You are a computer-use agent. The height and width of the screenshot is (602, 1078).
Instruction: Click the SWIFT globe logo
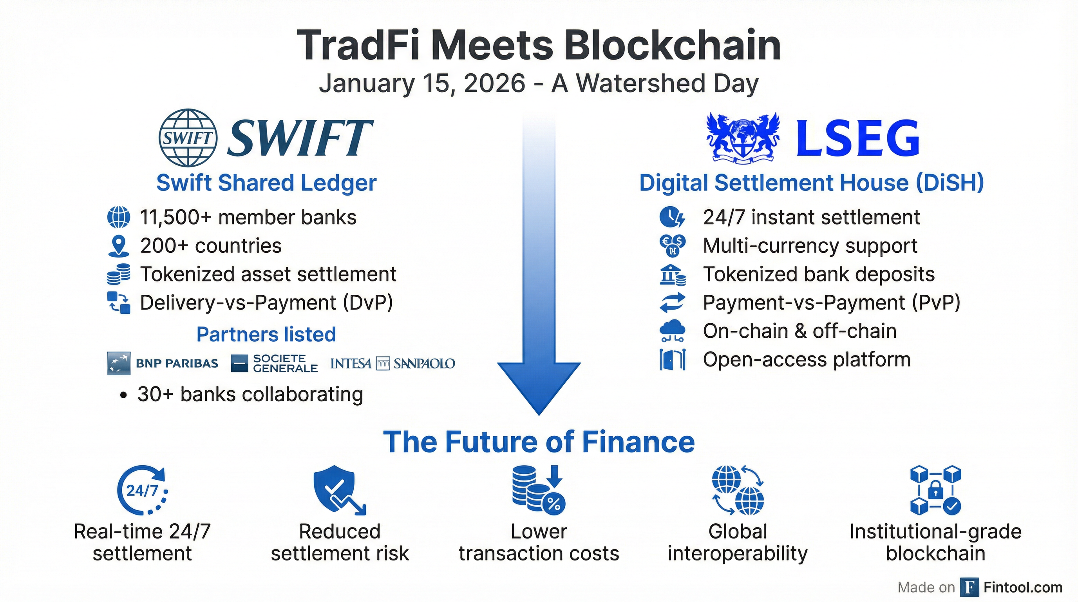coord(188,138)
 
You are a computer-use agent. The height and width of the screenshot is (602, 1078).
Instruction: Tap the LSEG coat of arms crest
coord(743,138)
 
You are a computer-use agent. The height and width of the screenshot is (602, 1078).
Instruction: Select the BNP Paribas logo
coord(163,363)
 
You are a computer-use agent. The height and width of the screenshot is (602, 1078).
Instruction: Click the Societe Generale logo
coord(274,363)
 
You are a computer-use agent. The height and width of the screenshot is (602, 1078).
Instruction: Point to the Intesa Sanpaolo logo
coord(392,363)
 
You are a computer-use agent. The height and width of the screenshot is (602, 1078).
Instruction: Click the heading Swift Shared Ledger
coord(267,183)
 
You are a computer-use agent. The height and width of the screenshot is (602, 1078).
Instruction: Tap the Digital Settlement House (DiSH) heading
coord(811,183)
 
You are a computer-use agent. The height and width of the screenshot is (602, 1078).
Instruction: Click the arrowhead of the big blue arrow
coord(539,387)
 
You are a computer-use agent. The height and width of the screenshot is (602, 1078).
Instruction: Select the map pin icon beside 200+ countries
coord(118,246)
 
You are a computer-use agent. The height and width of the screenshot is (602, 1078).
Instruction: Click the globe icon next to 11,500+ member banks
coord(118,217)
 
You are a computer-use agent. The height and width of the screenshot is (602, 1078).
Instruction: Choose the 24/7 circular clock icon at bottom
coord(142,490)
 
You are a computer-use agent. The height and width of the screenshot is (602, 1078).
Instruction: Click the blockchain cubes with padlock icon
coord(936,490)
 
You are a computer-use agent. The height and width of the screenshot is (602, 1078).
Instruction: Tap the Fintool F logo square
coord(969,587)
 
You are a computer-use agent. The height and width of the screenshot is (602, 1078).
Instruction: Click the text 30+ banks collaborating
coord(250,394)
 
